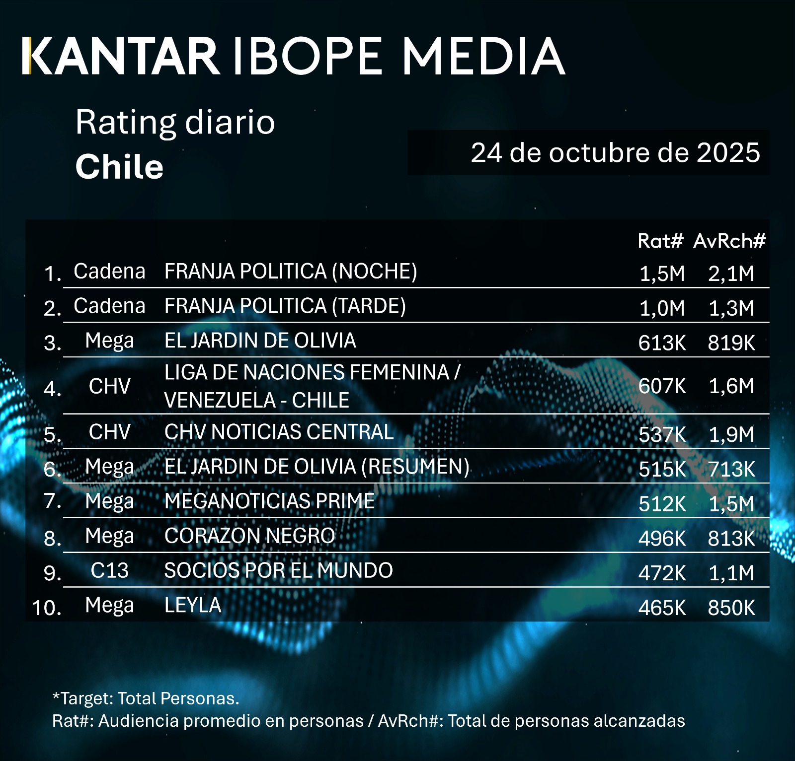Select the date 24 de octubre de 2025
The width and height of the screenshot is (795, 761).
click(x=615, y=153)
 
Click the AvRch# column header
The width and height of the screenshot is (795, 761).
click(x=729, y=241)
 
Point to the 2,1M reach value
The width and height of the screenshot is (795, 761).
click(x=731, y=274)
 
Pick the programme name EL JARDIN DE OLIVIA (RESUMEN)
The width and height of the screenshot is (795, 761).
click(x=317, y=467)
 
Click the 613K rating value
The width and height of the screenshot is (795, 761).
click(x=662, y=343)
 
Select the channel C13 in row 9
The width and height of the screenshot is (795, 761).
click(x=109, y=570)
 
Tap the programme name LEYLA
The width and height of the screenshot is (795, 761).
click(x=193, y=605)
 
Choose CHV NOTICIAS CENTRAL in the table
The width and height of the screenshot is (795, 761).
click(x=279, y=432)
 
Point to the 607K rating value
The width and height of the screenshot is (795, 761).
click(x=662, y=386)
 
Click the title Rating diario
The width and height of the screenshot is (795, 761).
click(x=175, y=122)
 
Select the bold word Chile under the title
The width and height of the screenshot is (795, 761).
click(x=119, y=167)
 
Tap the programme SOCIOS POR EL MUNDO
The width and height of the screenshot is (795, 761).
click(x=278, y=570)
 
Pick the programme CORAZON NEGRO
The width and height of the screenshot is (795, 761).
click(x=249, y=536)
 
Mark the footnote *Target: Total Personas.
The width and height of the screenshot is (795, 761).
click(x=146, y=698)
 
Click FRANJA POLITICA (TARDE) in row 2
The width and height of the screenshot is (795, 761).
click(x=285, y=306)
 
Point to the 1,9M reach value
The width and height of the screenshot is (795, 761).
click(x=731, y=434)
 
